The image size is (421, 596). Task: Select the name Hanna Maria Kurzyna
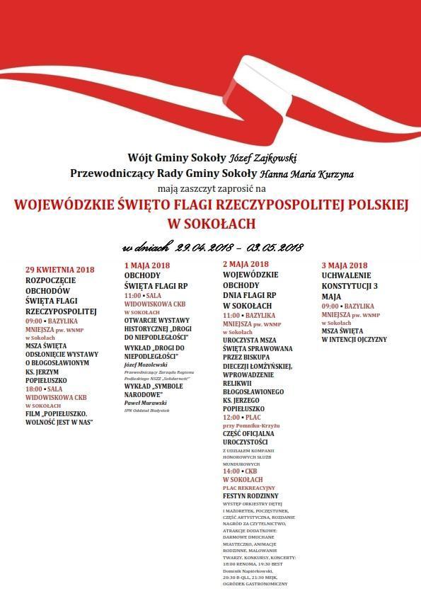point(306,173)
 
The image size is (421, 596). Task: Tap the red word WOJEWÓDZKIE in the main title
point(63,205)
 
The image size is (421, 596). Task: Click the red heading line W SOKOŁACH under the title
point(210,224)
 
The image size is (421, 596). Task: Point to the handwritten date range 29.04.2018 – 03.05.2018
point(213,247)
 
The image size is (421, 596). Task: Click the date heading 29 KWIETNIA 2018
point(59,269)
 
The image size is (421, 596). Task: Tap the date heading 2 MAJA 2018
point(246,264)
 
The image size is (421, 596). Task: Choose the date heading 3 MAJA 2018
point(345,265)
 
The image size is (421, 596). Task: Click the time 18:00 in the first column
point(35,389)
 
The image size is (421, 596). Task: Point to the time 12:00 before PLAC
point(232,417)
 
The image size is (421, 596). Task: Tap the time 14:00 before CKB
point(232,471)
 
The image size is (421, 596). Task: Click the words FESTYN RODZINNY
point(250,496)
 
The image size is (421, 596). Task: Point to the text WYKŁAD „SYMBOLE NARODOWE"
point(153,390)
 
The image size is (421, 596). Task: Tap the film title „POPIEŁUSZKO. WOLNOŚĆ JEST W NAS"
point(59,418)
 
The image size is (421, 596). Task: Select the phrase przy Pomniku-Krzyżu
point(250,425)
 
